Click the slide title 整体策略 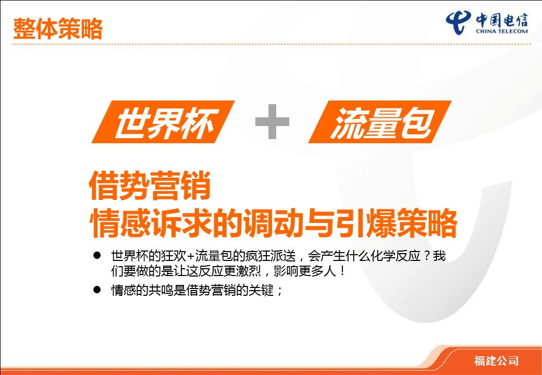(x=58, y=29)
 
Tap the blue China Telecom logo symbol (x=458, y=22)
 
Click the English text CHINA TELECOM (x=501, y=31)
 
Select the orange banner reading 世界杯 (x=163, y=122)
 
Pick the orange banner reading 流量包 (x=380, y=122)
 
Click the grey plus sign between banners (x=272, y=121)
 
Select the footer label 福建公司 (x=496, y=360)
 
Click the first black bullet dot (x=97, y=256)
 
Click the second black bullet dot (x=97, y=290)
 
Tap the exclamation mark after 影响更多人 (x=342, y=271)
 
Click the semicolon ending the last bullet (x=280, y=291)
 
